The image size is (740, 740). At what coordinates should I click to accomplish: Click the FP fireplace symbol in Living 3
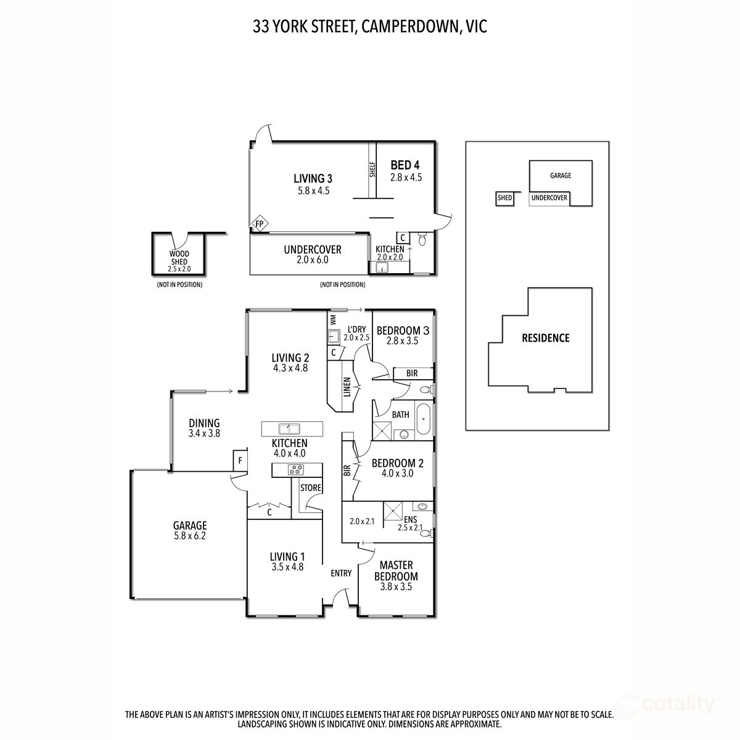click(259, 223)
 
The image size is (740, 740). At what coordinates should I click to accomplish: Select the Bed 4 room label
click(405, 165)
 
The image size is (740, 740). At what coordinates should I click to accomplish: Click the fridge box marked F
click(239, 461)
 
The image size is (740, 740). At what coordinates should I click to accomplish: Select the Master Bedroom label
click(396, 570)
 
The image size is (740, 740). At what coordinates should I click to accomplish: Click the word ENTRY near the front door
click(341, 573)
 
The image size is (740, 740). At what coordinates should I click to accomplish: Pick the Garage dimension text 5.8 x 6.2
click(189, 536)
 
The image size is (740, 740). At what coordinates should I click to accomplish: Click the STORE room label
click(311, 488)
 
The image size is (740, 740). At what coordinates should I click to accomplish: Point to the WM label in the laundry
click(333, 319)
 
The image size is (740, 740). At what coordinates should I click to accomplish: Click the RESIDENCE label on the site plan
click(546, 338)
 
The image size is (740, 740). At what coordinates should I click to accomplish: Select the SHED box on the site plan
click(504, 198)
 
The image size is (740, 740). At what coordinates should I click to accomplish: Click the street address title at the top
click(370, 27)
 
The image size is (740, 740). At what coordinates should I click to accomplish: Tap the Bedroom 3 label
click(403, 330)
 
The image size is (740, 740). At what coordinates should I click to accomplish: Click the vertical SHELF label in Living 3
click(372, 170)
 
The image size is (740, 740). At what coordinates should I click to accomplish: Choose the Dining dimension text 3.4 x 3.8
click(204, 433)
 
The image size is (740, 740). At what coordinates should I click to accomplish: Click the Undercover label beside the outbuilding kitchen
click(312, 250)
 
